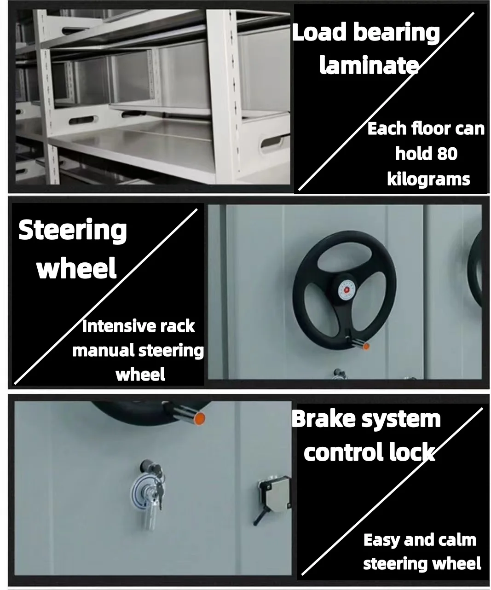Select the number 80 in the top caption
pos(447,154)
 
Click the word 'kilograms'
pos(428,179)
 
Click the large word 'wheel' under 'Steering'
pos(76,269)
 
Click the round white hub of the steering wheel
pos(345,289)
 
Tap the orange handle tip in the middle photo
pos(366,346)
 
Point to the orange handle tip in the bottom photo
pos(200,419)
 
